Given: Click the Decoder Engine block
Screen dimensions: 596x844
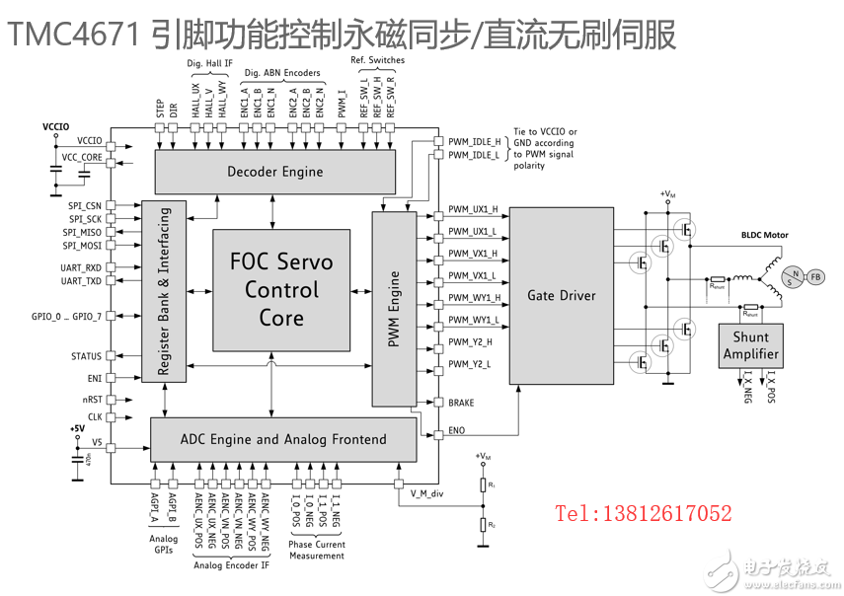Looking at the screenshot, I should pos(274,172).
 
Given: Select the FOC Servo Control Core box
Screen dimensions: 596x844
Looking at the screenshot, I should pos(281,290).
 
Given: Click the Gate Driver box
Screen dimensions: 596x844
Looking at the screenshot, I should pos(561,295).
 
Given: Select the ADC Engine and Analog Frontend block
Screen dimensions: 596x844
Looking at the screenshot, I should pos(282,439).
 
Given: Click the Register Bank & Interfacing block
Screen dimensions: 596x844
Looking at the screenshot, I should pos(165,290).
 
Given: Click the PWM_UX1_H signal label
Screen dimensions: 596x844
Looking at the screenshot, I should pos(473,210).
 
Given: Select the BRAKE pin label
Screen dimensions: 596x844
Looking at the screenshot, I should pos(461,403).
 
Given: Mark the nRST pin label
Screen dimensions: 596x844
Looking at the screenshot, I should pos(92,400).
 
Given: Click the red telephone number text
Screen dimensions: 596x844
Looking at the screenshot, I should pos(643,513).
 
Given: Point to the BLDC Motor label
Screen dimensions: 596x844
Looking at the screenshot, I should pos(765,236).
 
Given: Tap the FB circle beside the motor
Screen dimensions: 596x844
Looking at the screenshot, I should pos(815,276).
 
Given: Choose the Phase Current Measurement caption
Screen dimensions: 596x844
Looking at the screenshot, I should pos(317,550).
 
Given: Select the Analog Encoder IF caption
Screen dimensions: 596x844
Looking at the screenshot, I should pos(231,564).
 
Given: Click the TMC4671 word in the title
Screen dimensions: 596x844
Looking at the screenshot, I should pos(74,35).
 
